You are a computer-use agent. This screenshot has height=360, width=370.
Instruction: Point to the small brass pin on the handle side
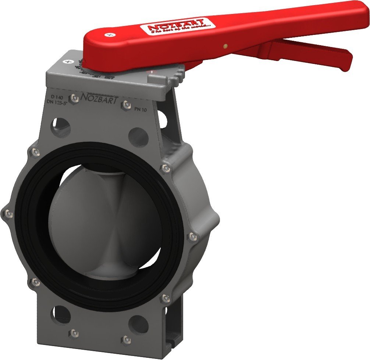(225, 46)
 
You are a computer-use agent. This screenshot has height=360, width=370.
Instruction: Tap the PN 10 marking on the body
(140, 109)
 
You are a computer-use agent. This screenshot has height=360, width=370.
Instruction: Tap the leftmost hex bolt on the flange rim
(8, 213)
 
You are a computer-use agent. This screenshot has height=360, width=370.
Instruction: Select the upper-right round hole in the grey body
(138, 137)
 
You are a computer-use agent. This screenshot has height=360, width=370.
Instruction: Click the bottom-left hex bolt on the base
(75, 333)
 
